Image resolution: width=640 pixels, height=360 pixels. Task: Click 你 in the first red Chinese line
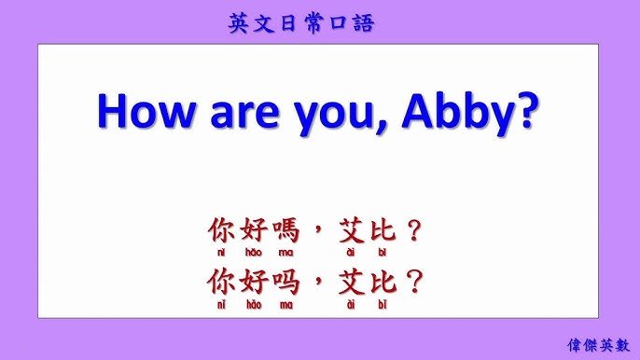coord(221,230)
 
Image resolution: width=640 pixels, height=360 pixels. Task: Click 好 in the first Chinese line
coord(253,230)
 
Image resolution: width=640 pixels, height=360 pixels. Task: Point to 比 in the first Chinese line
coord(383,230)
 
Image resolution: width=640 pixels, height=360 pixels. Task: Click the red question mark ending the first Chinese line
coord(417,230)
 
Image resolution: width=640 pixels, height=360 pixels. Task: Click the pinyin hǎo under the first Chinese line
coord(253,253)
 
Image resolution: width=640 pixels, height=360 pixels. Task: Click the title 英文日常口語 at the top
coord(300,23)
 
